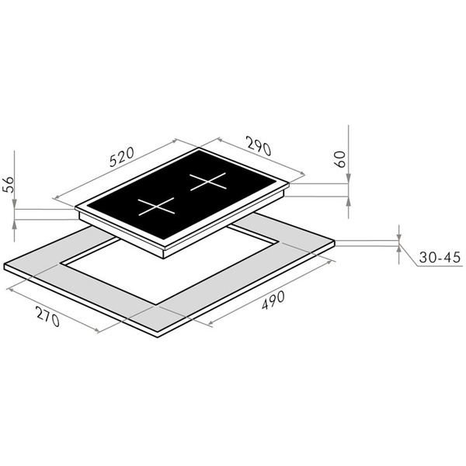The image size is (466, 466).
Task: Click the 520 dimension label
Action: click(x=122, y=157)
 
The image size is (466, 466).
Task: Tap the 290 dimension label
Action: click(x=259, y=146)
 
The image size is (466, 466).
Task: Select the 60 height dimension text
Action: click(x=341, y=159)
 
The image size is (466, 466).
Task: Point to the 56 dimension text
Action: click(x=8, y=185)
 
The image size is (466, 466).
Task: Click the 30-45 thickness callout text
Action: click(x=440, y=257)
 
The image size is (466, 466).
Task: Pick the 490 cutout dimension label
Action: click(x=273, y=300)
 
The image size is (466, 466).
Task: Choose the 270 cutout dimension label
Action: click(x=48, y=316)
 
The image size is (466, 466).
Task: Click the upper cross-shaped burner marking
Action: click(x=208, y=181)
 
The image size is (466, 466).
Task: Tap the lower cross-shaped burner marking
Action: click(x=156, y=207)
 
